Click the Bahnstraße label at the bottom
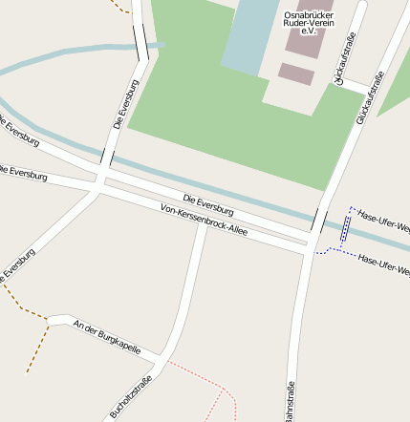(x=290, y=401)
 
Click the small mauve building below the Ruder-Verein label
(x=296, y=74)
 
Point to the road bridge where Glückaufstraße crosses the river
(x=319, y=222)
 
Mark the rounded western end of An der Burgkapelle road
(x=53, y=318)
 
